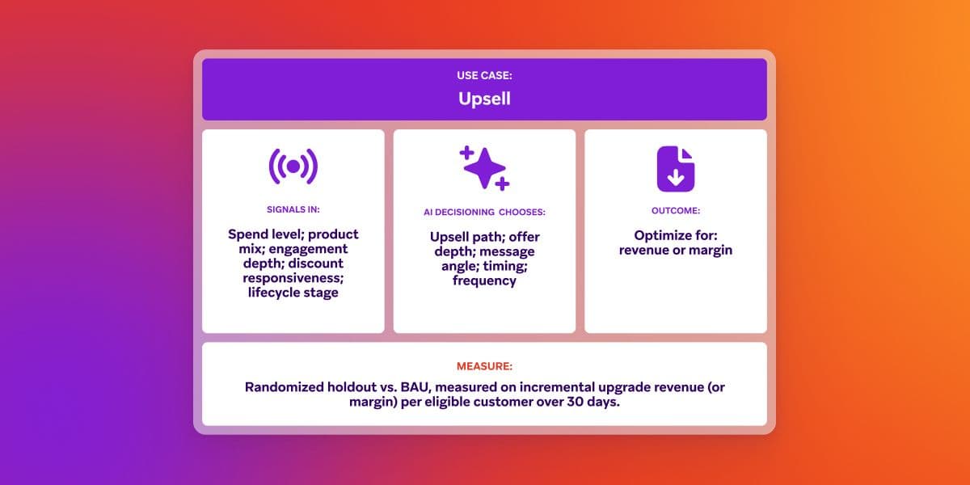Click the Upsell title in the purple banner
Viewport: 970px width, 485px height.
pos(484,99)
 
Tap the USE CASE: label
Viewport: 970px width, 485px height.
pos(484,75)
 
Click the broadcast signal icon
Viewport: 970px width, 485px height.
pos(293,167)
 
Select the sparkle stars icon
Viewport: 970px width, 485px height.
pos(484,168)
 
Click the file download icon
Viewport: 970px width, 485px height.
pos(676,168)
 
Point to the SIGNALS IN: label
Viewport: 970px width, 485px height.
pos(293,209)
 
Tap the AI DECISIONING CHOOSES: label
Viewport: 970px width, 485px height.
pos(484,212)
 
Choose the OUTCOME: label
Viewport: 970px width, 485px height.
pos(676,210)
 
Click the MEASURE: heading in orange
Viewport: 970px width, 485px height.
pos(484,366)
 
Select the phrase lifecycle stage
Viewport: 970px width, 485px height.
pos(293,293)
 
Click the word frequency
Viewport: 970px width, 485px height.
pos(484,280)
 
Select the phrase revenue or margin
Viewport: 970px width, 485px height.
pos(676,250)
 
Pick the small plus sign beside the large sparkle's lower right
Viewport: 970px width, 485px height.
pos(502,184)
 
